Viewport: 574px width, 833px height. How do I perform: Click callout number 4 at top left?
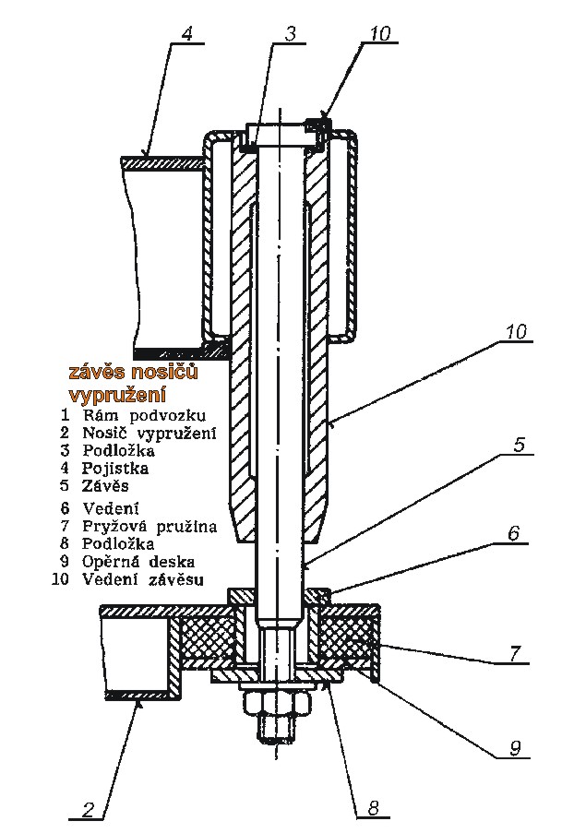(186, 33)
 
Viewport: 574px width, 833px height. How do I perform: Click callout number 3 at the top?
(290, 33)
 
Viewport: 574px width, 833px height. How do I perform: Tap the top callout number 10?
(379, 33)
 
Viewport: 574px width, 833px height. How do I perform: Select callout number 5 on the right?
(520, 444)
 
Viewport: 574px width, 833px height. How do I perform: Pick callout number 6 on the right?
(513, 533)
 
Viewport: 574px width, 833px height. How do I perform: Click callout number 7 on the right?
(514, 653)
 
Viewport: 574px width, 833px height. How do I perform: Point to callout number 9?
(514, 748)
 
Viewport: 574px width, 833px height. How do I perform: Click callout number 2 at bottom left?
(89, 809)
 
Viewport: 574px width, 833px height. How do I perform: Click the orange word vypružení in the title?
(117, 396)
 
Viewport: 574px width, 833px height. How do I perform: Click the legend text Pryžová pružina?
(149, 527)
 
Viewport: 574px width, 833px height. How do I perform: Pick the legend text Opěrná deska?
(138, 562)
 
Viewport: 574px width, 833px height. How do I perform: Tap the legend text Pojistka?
(115, 468)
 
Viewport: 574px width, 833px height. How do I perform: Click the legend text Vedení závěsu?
(142, 578)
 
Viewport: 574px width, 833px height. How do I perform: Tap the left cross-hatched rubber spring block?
(209, 637)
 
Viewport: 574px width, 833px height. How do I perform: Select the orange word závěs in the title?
(95, 372)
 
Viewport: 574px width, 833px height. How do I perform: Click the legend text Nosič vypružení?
(149, 433)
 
